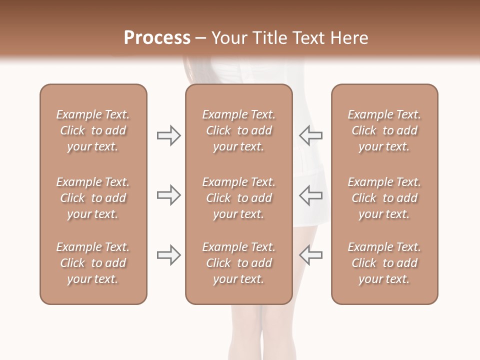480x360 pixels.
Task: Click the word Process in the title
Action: [157, 38]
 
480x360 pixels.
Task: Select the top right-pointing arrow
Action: [168, 135]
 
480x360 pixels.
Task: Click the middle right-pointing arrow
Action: [168, 195]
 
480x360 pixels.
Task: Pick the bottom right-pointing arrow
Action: [168, 255]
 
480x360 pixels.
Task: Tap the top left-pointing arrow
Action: [311, 135]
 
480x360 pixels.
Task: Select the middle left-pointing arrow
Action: [311, 195]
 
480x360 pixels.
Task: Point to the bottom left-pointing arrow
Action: [311, 255]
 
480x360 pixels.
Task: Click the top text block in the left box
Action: [93, 130]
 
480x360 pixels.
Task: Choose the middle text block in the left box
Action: [93, 198]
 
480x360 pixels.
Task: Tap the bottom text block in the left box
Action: [93, 263]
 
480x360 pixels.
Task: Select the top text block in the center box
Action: [238, 130]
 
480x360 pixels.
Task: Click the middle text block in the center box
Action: [238, 198]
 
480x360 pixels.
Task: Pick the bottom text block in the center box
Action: [238, 263]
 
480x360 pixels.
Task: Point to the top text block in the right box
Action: [384, 130]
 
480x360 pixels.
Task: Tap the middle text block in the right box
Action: [384, 198]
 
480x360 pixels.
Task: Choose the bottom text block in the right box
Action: [384, 263]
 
